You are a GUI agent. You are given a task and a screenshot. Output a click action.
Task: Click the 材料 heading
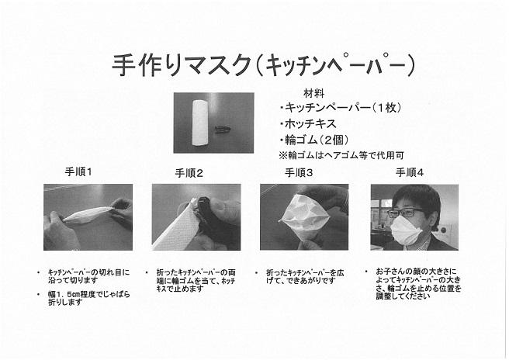pyautogui.click(x=314, y=93)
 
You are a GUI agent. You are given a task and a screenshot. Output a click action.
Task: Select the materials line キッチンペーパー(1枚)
pyautogui.click(x=341, y=107)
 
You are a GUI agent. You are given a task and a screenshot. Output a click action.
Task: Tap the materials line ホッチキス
pyautogui.click(x=308, y=123)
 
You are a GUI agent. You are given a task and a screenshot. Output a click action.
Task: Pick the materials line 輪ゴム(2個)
pyautogui.click(x=314, y=140)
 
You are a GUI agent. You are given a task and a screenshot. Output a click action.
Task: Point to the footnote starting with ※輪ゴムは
pyautogui.click(x=341, y=155)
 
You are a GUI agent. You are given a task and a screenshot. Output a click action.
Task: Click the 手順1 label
pyautogui.click(x=78, y=171)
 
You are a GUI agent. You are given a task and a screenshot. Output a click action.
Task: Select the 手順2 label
pyautogui.click(x=189, y=173)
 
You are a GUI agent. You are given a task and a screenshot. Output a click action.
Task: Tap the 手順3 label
pyautogui.click(x=299, y=173)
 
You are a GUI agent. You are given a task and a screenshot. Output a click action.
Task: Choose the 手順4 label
pyautogui.click(x=410, y=172)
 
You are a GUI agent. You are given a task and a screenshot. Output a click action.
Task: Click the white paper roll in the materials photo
pyautogui.click(x=201, y=123)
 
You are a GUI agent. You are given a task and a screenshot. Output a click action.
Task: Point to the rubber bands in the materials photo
pyautogui.click(x=222, y=130)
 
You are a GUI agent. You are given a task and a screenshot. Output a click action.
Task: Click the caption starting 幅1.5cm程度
pyautogui.click(x=89, y=298)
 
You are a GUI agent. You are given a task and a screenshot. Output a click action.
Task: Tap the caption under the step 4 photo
pyautogui.click(x=418, y=283)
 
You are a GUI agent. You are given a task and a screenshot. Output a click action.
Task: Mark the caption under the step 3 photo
pyautogui.click(x=305, y=276)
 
